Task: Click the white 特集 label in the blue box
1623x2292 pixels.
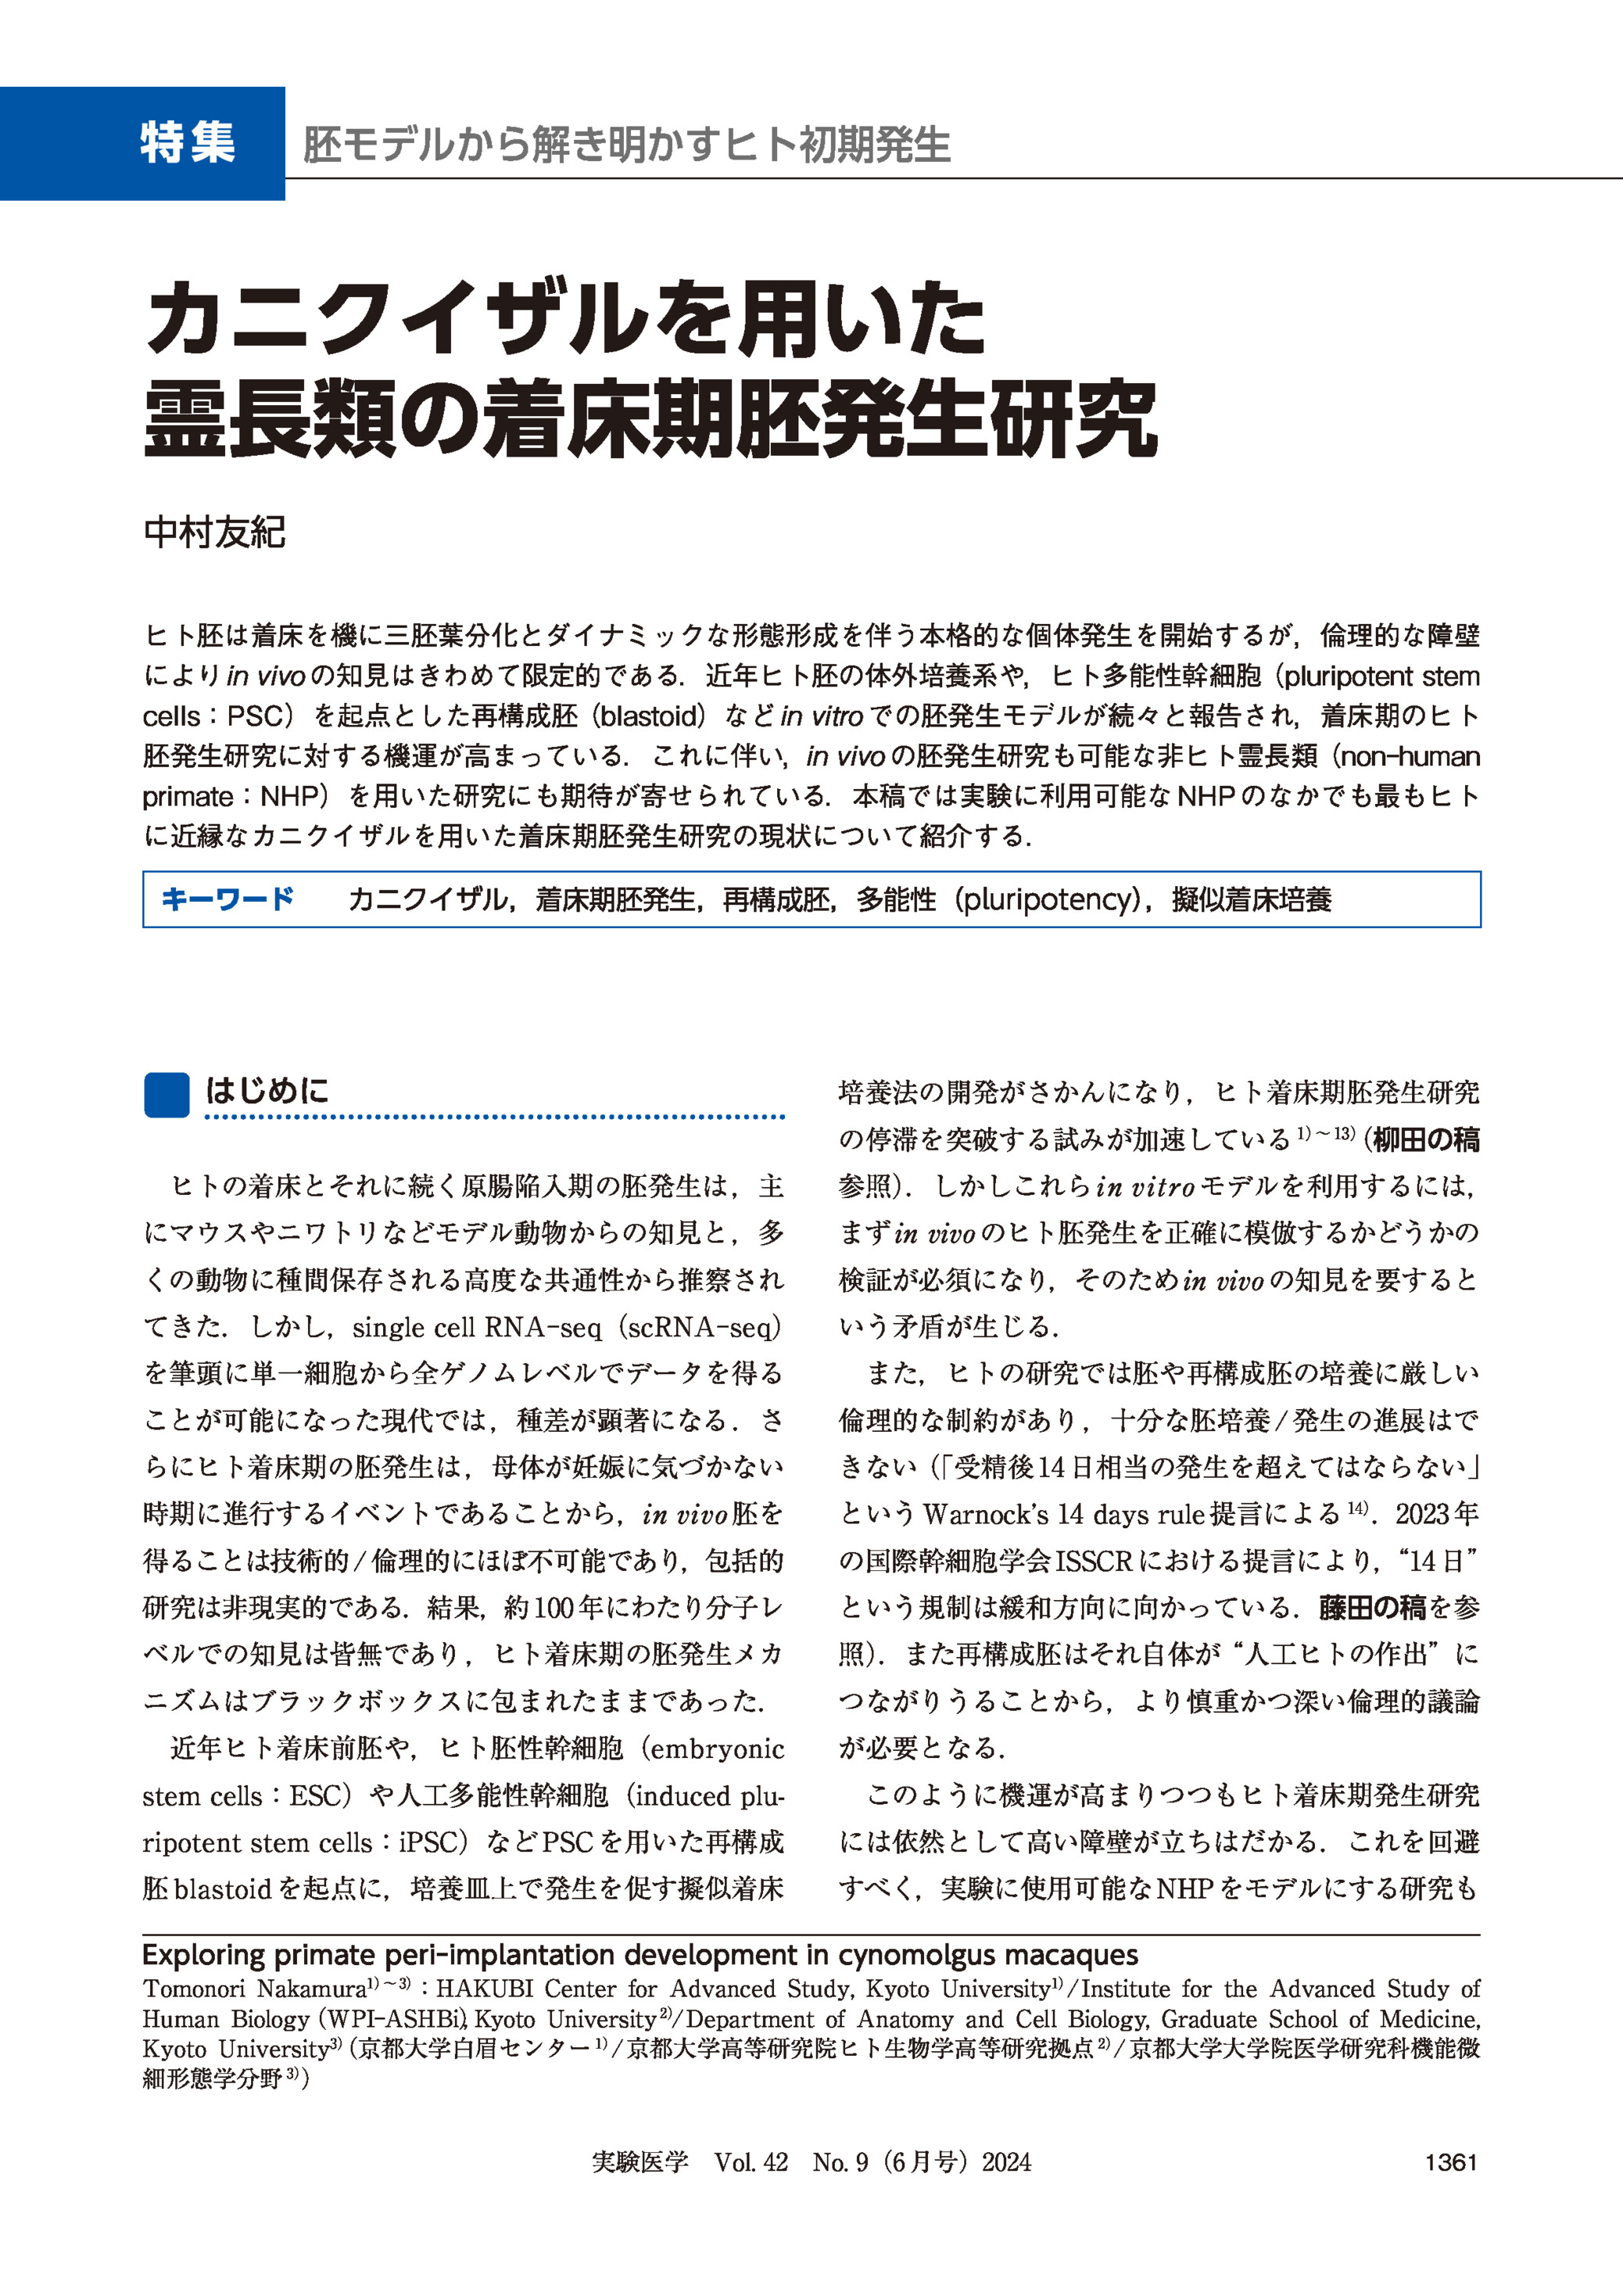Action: point(187,143)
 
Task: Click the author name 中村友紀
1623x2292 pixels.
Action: point(214,532)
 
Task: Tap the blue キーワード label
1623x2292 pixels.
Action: point(227,899)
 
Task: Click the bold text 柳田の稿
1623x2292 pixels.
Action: point(1425,1139)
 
